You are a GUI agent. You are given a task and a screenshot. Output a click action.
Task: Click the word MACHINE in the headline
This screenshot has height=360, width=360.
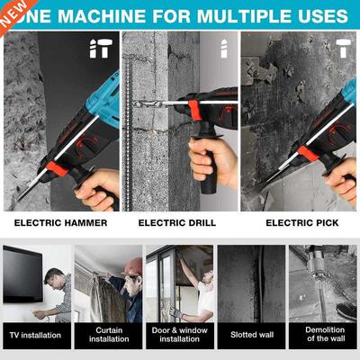(94, 16)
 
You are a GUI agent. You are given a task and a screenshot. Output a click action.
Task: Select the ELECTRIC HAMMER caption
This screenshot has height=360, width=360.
(60, 222)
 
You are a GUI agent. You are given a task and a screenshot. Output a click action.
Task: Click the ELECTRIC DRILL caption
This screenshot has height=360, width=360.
(178, 222)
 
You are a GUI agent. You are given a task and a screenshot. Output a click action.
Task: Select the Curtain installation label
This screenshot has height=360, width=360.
(107, 335)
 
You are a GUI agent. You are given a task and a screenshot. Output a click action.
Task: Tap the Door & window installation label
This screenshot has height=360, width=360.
(179, 335)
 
